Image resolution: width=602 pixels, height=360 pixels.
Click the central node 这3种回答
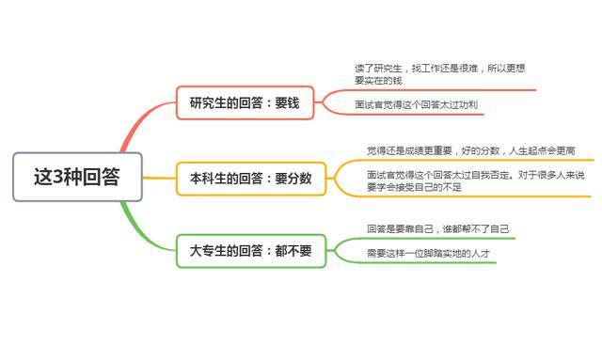[77, 177]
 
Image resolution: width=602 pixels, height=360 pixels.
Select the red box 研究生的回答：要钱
[245, 102]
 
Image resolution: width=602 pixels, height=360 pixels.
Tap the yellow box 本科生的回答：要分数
[251, 179]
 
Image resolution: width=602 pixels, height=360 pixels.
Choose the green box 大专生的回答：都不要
[251, 251]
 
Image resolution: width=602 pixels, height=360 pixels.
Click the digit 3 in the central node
[57, 177]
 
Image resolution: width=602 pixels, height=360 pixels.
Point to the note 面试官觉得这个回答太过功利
[416, 104]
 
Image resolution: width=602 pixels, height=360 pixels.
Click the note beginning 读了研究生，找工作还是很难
[439, 74]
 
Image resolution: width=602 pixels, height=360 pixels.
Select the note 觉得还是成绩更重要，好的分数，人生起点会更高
[470, 150]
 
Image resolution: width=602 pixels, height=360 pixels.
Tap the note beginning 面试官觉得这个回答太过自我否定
[476, 180]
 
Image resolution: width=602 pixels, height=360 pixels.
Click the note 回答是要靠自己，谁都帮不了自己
[438, 228]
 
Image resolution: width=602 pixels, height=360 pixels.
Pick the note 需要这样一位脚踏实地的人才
[429, 253]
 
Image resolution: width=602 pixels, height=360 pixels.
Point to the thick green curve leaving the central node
[139, 230]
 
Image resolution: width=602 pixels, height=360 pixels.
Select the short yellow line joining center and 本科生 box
[159, 178]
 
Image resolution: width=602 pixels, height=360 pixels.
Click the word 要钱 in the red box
[287, 102]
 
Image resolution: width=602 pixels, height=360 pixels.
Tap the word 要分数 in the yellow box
[293, 179]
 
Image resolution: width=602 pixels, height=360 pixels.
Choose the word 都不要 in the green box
[293, 251]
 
